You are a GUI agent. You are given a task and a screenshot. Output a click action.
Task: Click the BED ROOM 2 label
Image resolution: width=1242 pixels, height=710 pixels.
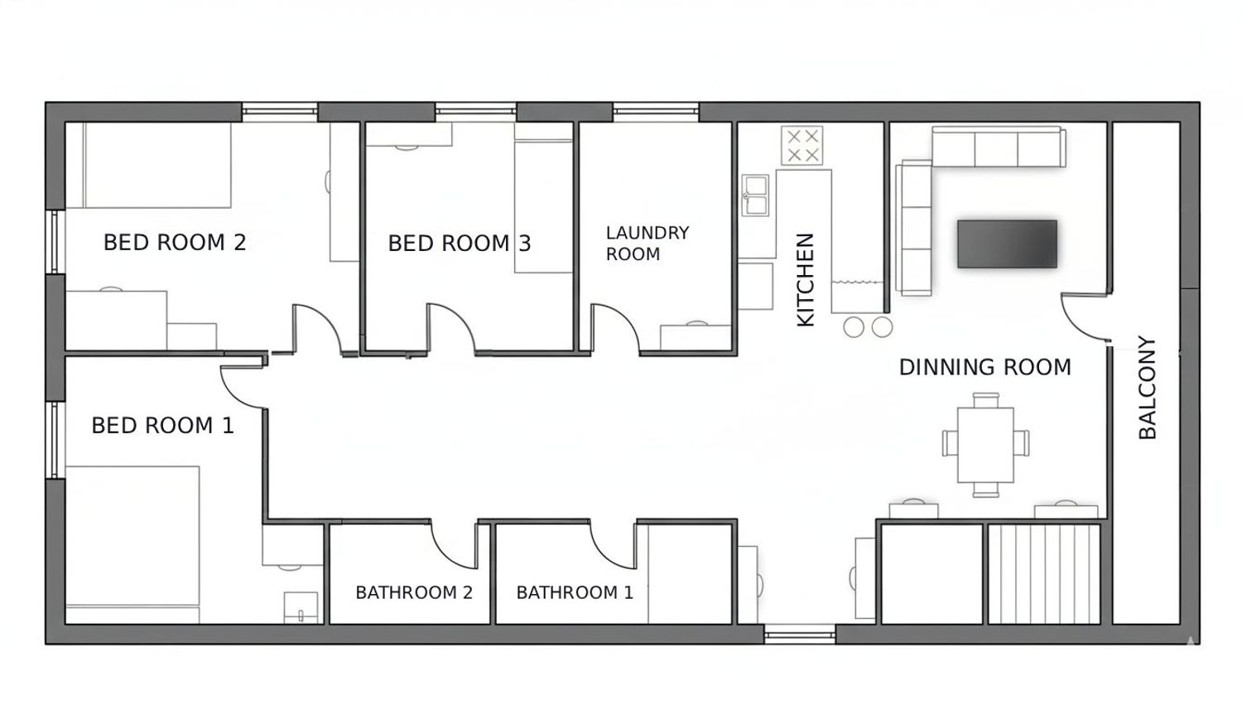[x=175, y=243]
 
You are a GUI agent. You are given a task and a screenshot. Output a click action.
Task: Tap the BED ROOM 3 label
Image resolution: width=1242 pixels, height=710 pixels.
[x=459, y=244]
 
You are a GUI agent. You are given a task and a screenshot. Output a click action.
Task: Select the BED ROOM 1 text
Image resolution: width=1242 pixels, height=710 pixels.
[x=162, y=426]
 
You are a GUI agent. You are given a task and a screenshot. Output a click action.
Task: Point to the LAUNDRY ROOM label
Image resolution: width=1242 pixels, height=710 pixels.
[x=647, y=243]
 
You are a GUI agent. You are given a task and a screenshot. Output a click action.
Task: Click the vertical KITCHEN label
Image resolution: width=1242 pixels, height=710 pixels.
[x=805, y=279]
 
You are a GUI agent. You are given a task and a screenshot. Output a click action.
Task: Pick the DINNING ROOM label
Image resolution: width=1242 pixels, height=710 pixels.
[x=984, y=367]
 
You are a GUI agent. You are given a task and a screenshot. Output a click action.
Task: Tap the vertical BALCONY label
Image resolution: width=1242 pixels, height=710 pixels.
[x=1147, y=387]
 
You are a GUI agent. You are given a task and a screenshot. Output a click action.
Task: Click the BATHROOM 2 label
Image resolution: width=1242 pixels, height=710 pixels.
[x=414, y=592]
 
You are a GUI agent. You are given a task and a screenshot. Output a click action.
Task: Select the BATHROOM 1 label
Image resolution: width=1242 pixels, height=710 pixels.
[x=575, y=592]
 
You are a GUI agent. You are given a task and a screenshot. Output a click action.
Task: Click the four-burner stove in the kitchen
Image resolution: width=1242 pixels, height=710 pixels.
[x=802, y=145]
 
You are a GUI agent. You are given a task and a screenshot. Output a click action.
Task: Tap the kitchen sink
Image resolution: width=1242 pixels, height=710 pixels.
[x=756, y=196]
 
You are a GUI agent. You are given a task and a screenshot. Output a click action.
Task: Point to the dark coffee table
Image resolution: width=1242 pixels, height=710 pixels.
[x=1007, y=244]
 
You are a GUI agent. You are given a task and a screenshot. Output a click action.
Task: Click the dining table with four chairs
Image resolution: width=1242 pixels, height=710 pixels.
[x=985, y=445]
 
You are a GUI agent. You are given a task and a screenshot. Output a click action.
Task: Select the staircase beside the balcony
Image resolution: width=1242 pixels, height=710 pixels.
[x=1044, y=574]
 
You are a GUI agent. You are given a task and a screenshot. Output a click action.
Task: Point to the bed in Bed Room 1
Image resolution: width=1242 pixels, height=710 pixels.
[x=132, y=544]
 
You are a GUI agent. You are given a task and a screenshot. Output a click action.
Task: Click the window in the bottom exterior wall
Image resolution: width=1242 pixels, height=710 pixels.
[x=800, y=634]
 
